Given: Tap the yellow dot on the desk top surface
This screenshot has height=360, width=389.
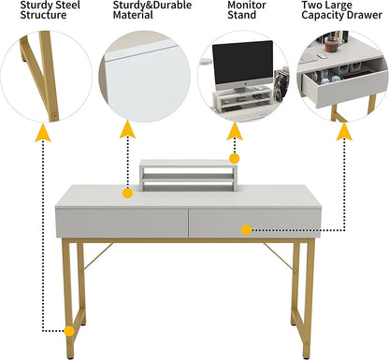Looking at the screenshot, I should [128, 194].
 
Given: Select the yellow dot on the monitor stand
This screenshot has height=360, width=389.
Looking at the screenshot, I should [234, 159].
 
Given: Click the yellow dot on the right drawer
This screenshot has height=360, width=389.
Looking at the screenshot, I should [246, 229].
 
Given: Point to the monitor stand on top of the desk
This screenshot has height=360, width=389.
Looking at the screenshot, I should [186, 174].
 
